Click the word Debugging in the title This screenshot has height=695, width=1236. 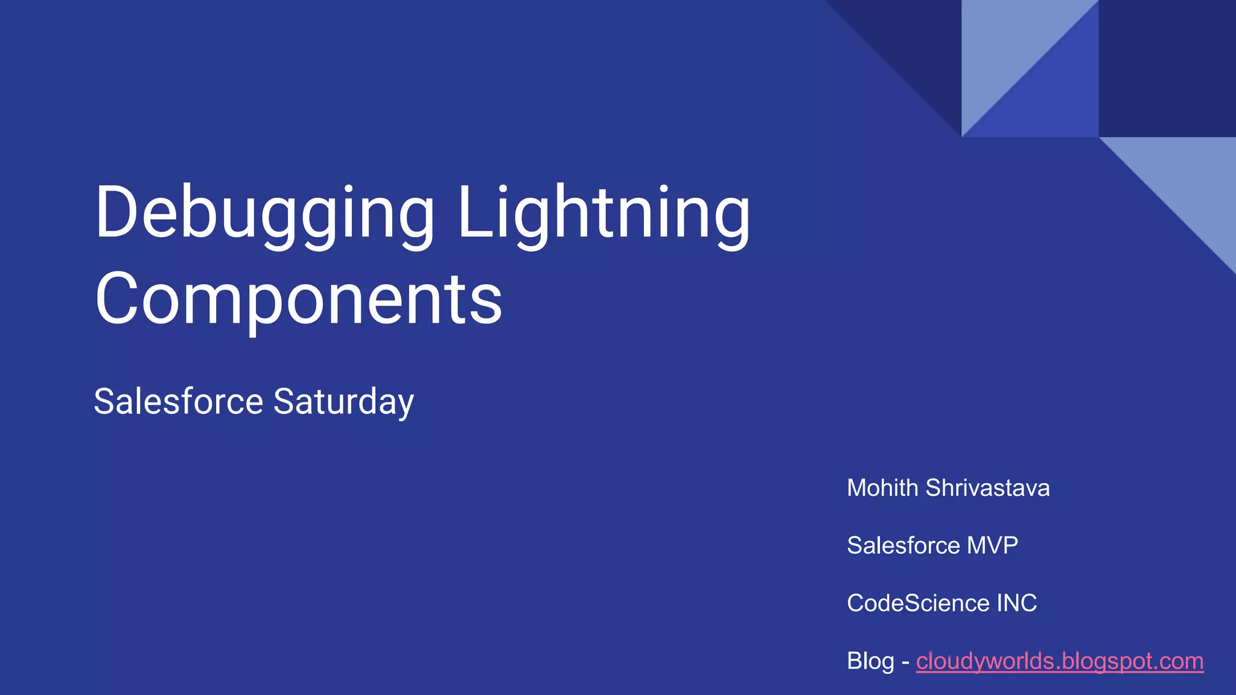tap(264, 214)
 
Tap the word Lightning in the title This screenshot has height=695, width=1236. tap(604, 214)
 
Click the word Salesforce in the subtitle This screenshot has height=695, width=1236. tap(179, 401)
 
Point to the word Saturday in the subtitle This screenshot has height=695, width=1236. tap(343, 402)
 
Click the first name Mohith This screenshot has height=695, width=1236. tap(882, 488)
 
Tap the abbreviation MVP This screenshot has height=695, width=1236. tap(992, 545)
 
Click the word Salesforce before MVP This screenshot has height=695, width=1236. tap(903, 545)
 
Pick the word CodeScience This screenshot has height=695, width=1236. tap(918, 603)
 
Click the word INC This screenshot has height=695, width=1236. tap(1016, 603)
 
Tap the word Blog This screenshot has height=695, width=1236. tap(870, 661)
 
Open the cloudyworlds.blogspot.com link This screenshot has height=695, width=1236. tap(1059, 661)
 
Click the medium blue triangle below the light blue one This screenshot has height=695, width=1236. tap(1056, 97)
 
